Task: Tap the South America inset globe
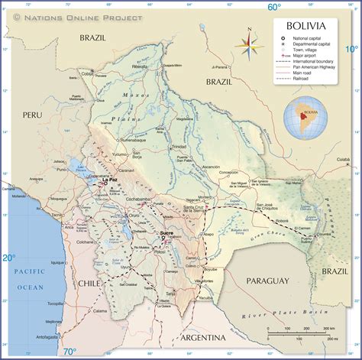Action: (x=306, y=119)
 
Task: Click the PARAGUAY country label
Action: (x=267, y=281)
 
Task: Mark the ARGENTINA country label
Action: (x=202, y=337)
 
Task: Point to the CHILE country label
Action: (x=89, y=283)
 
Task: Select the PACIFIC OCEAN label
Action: (x=31, y=279)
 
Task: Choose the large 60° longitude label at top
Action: (x=274, y=7)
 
